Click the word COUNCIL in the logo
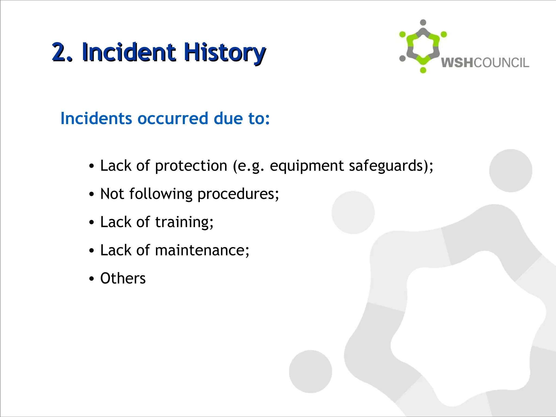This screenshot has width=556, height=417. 501,63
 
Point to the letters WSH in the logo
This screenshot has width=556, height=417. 457,63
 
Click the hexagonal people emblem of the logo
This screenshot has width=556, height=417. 423,46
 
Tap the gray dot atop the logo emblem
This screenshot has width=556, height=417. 423,23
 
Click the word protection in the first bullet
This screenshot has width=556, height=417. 191,166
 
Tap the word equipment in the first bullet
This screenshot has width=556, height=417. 307,166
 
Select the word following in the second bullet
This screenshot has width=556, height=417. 161,194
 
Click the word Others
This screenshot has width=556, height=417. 123,279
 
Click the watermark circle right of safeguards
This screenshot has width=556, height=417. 510,170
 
